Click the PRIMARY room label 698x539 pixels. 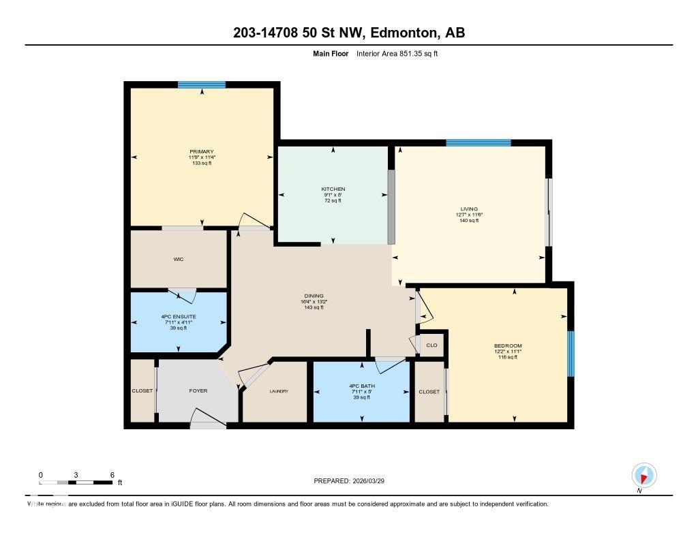pos(202,151)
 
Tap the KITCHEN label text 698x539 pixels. pos(333,189)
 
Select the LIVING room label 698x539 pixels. pos(469,209)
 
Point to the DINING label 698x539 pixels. pos(314,296)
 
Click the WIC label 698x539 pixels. pos(179,259)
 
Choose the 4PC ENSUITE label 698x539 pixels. pos(179,316)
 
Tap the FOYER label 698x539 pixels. pos(198,390)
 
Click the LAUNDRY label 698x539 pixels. pos(279,391)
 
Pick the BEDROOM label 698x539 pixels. pos(508,345)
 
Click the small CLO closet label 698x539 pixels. pos(431,345)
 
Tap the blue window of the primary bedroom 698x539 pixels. pos(202,84)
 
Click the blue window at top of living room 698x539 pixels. pos(479,143)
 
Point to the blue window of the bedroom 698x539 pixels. pos(571,353)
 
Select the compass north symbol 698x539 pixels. pos(643,476)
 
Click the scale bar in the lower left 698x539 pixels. pos(75,482)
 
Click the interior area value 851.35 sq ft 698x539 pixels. pos(415,53)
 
